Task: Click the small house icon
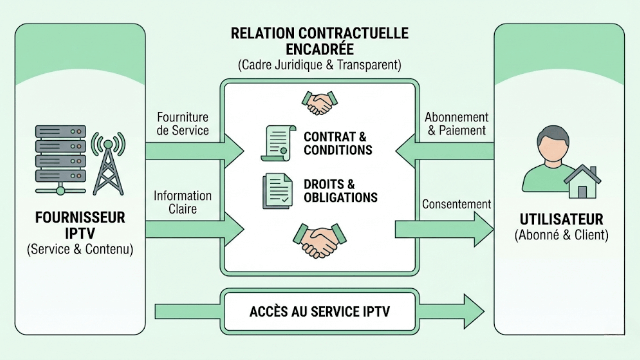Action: (x=582, y=182)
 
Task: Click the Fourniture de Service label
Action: (x=183, y=124)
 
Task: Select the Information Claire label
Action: (x=182, y=202)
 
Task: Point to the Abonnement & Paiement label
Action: (x=456, y=124)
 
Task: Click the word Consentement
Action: (x=456, y=204)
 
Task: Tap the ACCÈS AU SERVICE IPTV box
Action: (x=320, y=312)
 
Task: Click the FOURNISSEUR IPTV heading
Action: (x=80, y=226)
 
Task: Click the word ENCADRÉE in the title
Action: (x=320, y=49)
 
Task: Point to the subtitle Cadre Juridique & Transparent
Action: (x=320, y=65)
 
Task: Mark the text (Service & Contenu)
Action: (x=80, y=249)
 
